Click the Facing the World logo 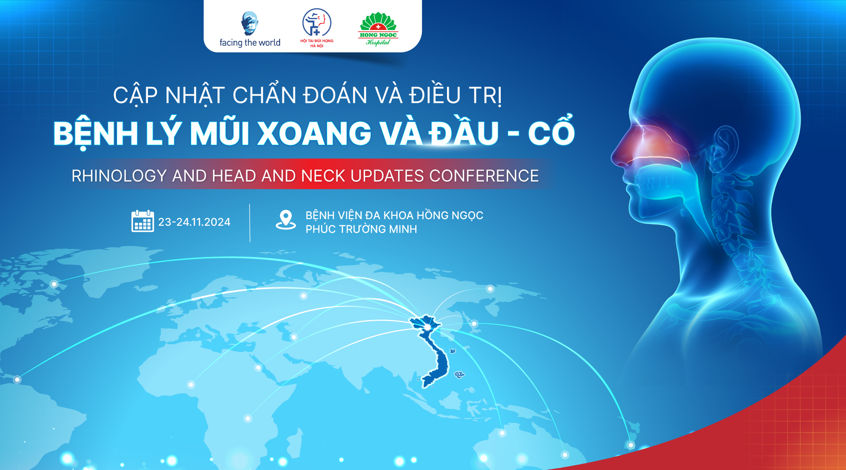tap(250, 29)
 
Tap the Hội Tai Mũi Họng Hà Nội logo tap(317, 28)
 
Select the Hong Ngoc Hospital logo tap(378, 29)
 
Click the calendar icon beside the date tap(143, 221)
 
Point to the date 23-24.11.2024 tap(194, 222)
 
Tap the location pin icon tap(286, 220)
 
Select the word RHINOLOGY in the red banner tap(119, 176)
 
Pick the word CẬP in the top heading tap(135, 95)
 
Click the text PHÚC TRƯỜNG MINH tap(361, 229)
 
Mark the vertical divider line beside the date tap(250, 223)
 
